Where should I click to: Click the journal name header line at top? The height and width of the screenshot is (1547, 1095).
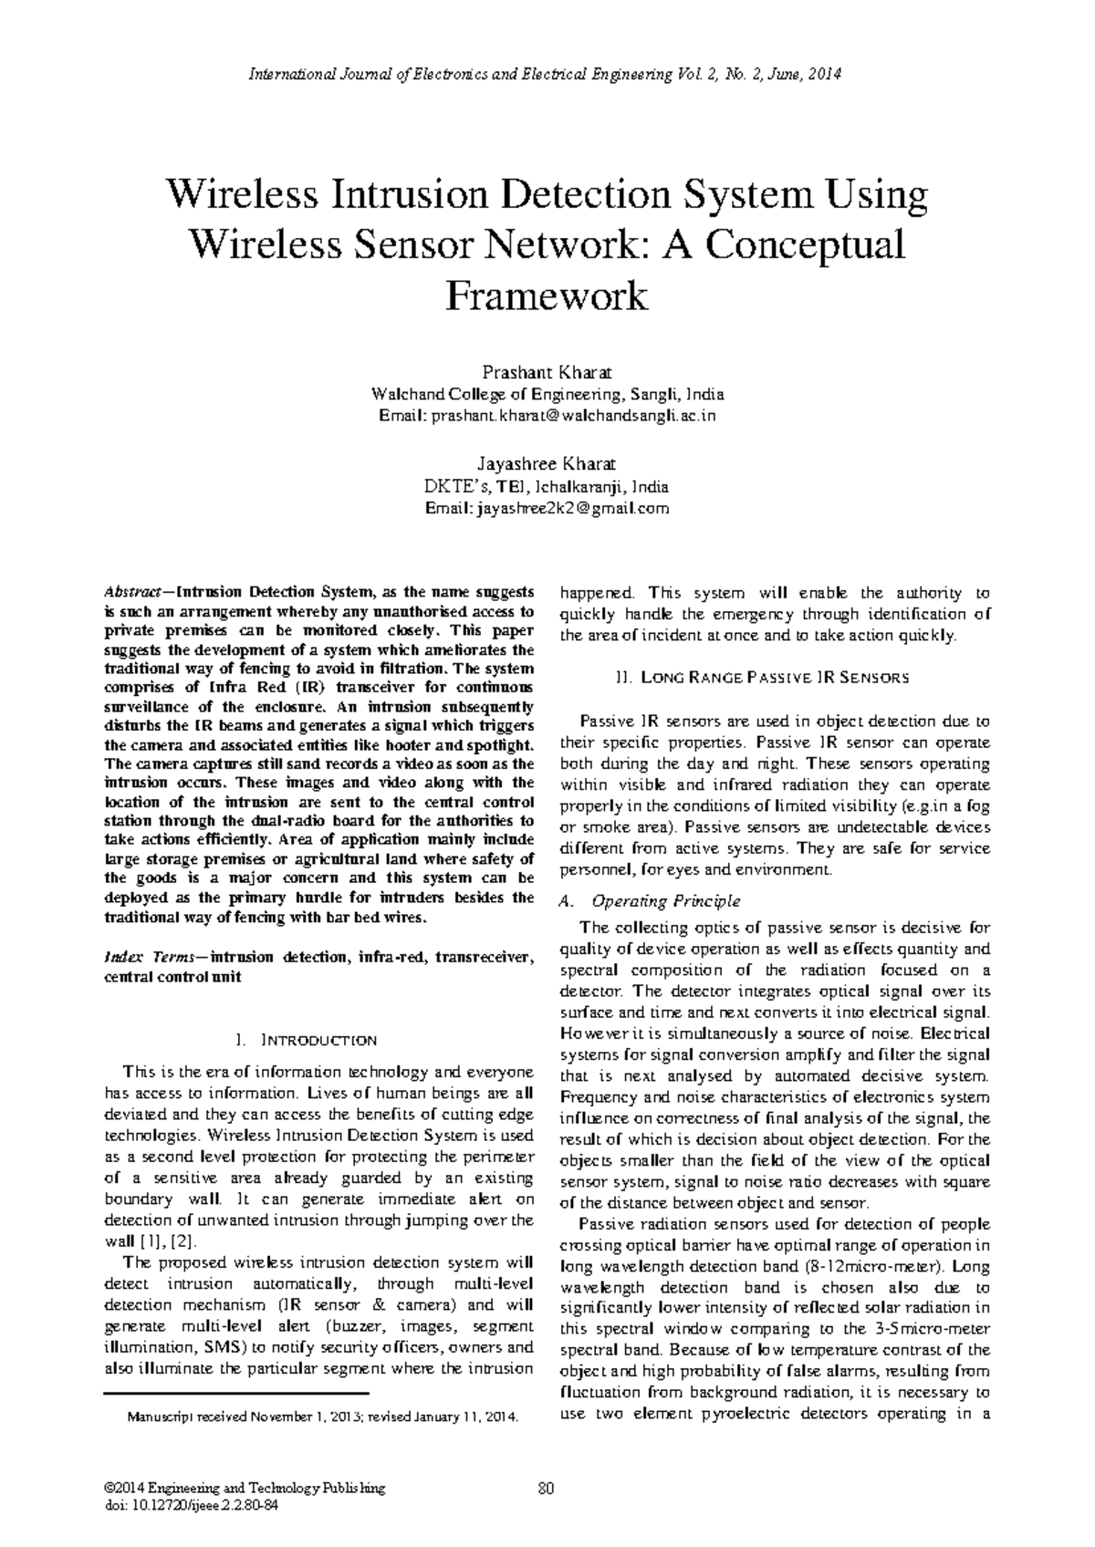(x=547, y=74)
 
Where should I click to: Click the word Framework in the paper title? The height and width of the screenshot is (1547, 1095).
(x=547, y=296)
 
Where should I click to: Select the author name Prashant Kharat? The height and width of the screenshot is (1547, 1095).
(x=546, y=373)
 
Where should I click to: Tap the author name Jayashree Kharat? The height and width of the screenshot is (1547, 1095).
(x=546, y=463)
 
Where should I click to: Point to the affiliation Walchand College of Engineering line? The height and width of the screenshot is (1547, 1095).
(x=546, y=395)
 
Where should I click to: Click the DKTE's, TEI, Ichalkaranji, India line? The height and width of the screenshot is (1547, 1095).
(x=546, y=486)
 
